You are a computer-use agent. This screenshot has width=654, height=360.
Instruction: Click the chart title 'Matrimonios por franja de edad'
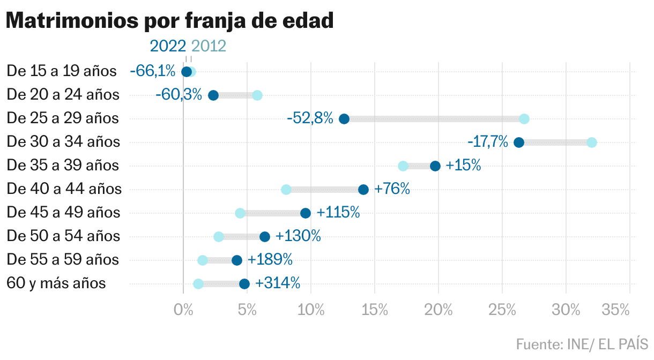(x=170, y=21)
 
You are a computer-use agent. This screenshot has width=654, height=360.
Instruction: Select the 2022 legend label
(x=168, y=46)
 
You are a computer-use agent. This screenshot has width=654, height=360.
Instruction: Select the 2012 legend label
(x=209, y=46)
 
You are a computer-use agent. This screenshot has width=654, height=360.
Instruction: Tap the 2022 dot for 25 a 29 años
(x=344, y=119)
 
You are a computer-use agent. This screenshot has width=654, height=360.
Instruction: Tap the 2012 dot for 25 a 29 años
(x=524, y=119)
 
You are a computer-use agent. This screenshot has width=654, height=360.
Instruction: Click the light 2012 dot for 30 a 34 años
(x=592, y=142)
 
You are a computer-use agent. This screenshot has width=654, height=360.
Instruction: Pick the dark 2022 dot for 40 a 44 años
(x=363, y=190)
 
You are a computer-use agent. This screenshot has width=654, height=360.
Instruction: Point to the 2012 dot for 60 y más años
(x=198, y=284)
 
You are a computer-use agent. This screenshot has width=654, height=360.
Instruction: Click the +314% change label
(x=278, y=283)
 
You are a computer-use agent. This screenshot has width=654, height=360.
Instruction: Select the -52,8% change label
(x=310, y=118)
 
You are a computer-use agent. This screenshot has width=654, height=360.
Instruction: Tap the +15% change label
(x=463, y=166)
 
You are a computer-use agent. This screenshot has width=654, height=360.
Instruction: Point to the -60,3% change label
(x=179, y=95)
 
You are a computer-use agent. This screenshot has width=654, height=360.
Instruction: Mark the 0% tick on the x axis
(x=183, y=310)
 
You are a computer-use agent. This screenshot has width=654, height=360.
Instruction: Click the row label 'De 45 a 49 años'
(x=63, y=213)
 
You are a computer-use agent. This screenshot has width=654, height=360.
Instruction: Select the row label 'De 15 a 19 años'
(x=61, y=71)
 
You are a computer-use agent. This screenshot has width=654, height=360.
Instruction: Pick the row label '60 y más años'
(x=56, y=283)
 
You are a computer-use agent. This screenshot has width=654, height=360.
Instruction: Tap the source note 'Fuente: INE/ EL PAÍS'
(x=582, y=343)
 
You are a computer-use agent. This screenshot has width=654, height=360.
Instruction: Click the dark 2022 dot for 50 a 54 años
(x=265, y=237)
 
